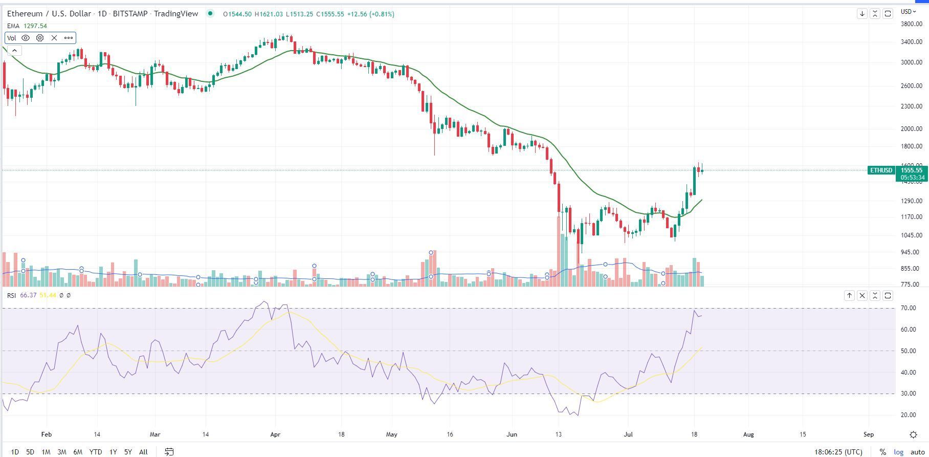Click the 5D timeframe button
coord(30,452)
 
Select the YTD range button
coord(95,452)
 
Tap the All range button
coord(143,452)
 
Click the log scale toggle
coord(898,452)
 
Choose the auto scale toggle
coord(918,452)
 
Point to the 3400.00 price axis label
coord(911,42)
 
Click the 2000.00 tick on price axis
coord(911,129)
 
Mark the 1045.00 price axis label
coord(911,235)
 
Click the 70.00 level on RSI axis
coord(908,308)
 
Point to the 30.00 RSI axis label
coord(908,394)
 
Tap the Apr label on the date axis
coord(275,434)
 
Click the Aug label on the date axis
coord(748,434)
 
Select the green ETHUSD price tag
coord(881,170)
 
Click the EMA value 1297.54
coord(35,26)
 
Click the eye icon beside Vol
coord(26,38)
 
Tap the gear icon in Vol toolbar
coord(40,38)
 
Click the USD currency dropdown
coord(909,12)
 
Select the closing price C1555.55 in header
coord(329,14)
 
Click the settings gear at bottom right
coord(913,435)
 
